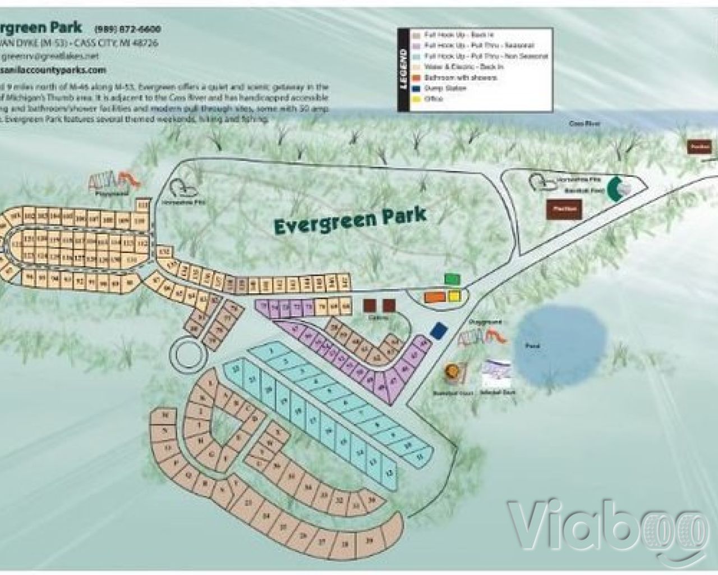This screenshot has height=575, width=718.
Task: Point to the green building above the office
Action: (452, 279)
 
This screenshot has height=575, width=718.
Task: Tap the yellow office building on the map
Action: (453, 296)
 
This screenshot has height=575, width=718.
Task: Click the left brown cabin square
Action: (370, 305)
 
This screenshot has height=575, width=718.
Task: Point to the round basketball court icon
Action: (453, 372)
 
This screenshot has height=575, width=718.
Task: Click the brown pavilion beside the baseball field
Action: (564, 208)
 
